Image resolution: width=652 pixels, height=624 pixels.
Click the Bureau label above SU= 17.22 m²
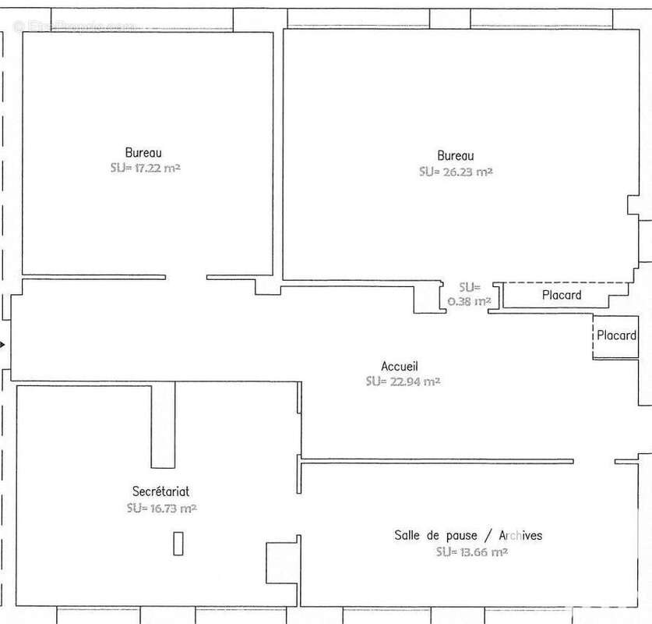tap(143, 153)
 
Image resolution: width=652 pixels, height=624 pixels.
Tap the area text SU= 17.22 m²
tap(146, 168)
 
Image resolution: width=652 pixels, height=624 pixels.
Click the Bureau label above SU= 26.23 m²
tap(455, 156)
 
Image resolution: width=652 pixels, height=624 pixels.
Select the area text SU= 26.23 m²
tap(456, 172)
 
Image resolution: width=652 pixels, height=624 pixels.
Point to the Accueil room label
tap(400, 367)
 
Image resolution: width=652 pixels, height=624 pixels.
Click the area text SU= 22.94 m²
tap(403, 381)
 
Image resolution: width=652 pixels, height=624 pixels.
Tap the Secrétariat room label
tap(160, 491)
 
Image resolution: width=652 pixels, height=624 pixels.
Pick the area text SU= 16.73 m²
tap(161, 508)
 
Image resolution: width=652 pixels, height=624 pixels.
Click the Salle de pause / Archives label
tap(467, 536)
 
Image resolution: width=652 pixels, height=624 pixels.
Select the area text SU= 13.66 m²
tap(472, 551)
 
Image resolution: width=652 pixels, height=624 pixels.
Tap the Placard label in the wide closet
tap(562, 295)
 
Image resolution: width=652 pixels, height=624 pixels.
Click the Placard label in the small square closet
tap(616, 335)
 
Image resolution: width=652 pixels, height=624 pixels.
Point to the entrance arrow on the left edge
tap(3, 344)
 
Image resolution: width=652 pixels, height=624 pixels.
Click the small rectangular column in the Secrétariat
tap(178, 543)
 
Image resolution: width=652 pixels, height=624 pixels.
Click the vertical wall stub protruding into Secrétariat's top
tap(163, 425)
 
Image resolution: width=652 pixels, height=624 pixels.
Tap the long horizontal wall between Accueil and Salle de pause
tap(436, 461)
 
